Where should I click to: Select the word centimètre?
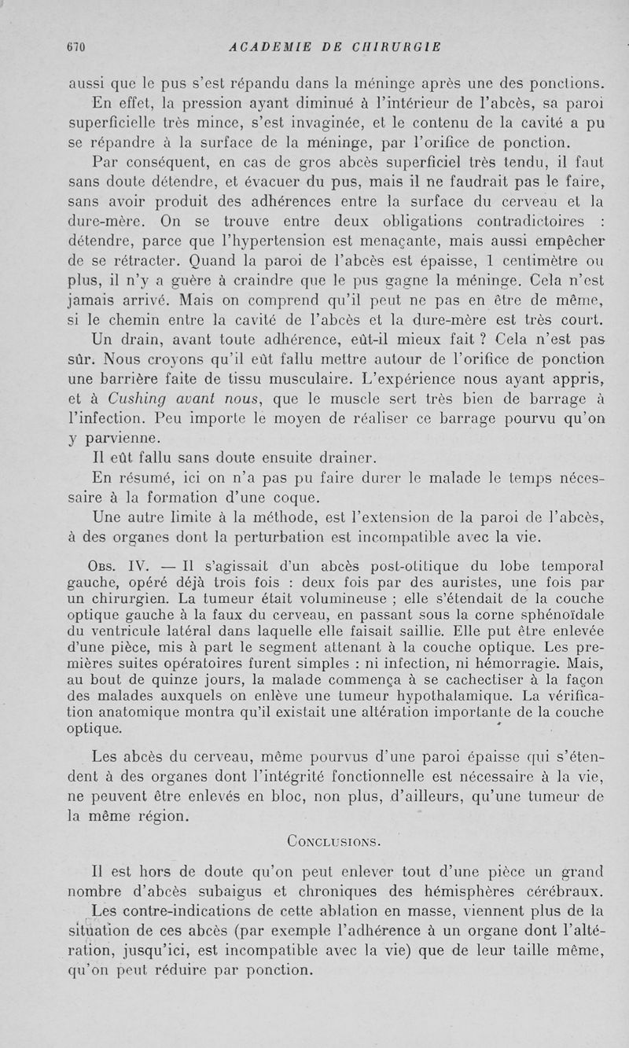519,254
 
